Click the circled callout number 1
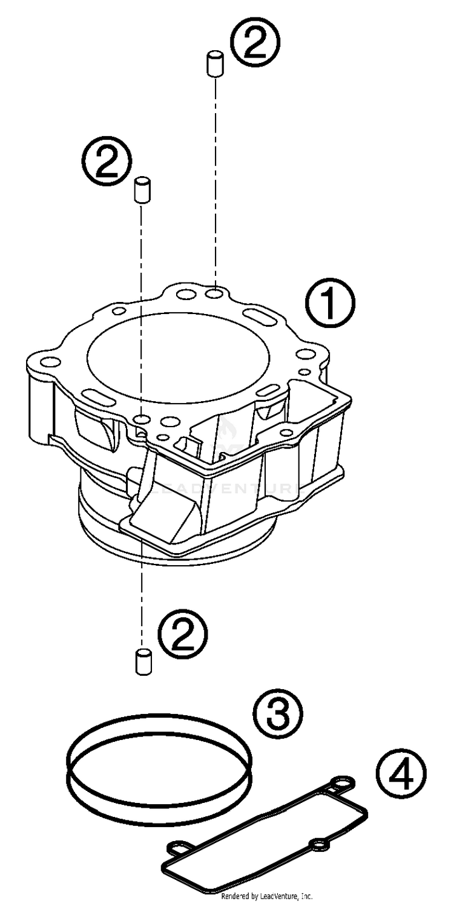point(329,306)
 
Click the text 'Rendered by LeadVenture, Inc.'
point(266,896)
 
